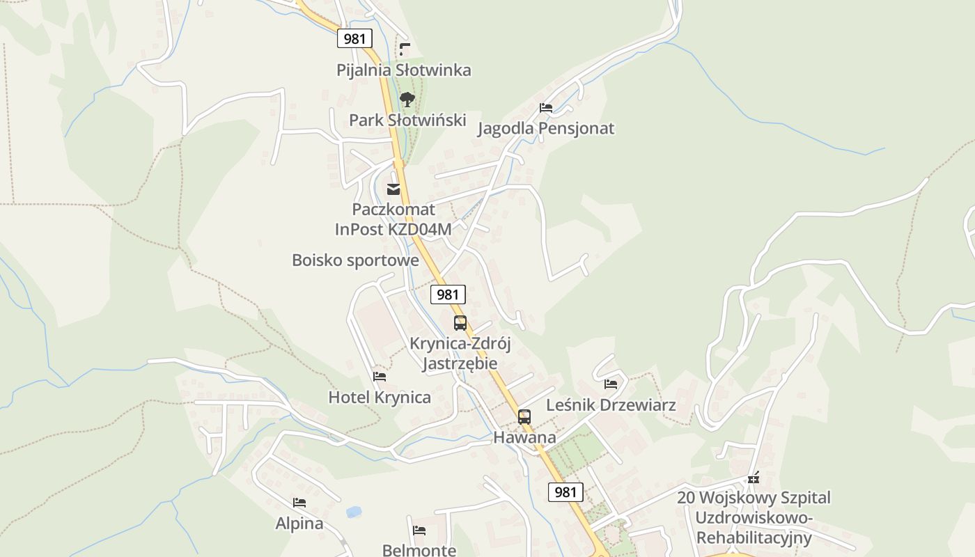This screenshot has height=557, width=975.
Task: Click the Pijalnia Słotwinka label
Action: [403, 70]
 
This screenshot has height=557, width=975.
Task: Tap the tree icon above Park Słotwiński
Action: [407, 100]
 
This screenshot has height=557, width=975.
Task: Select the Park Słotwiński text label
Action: [407, 120]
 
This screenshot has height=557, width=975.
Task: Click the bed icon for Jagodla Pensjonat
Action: [546, 108]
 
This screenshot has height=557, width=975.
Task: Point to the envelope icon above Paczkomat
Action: [393, 189]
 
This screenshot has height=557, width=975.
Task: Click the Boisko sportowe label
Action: [355, 260]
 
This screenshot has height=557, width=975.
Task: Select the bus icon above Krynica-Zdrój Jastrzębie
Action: [460, 323]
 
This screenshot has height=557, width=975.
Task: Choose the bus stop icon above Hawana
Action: [524, 417]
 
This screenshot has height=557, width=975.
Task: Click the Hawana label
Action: [524, 437]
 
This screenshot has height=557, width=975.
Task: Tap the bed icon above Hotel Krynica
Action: [380, 377]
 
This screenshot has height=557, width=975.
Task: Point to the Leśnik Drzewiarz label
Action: [611, 405]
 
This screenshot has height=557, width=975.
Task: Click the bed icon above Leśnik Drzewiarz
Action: [611, 384]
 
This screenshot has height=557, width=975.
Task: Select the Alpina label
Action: [299, 523]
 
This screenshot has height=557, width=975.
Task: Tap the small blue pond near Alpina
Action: [354, 512]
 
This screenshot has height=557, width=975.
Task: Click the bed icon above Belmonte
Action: [419, 531]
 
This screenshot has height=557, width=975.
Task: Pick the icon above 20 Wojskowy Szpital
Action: [754, 478]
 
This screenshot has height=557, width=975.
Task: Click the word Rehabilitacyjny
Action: [754, 538]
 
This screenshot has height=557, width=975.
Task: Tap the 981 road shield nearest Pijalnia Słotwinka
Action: [354, 38]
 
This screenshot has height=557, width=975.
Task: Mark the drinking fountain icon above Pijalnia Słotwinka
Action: [405, 49]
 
